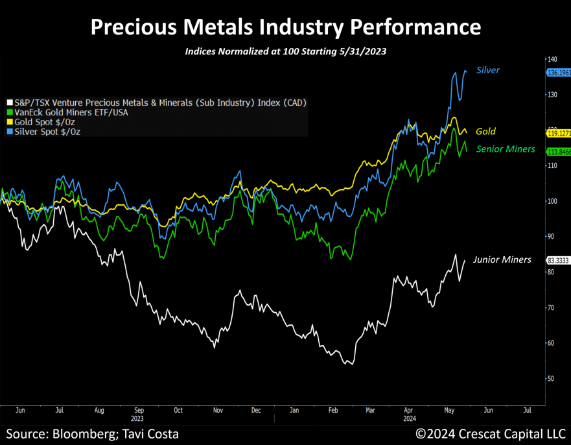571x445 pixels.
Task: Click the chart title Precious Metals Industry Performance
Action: coord(285,27)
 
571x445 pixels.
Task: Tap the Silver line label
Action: coord(488,70)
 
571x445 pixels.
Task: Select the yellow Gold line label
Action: coord(485,132)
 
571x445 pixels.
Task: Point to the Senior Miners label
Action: coord(506,149)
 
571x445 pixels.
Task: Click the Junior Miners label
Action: coord(502,259)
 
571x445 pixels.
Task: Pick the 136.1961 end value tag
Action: coord(558,73)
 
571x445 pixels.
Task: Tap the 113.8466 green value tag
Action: coord(558,152)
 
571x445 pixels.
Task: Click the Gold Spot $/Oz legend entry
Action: coord(45,122)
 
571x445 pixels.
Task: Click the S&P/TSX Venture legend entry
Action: coord(156,102)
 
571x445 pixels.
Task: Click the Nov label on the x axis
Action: coord(218,410)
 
